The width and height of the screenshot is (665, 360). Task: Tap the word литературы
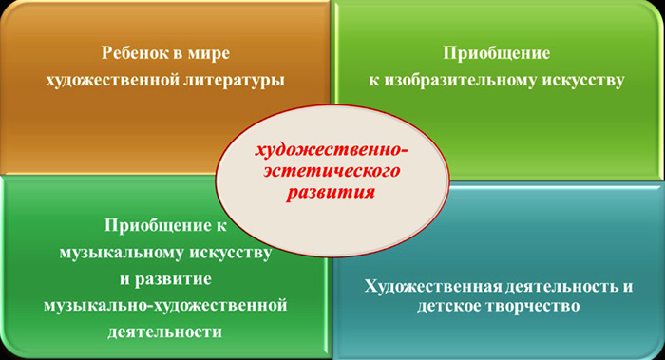pos(226,80)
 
